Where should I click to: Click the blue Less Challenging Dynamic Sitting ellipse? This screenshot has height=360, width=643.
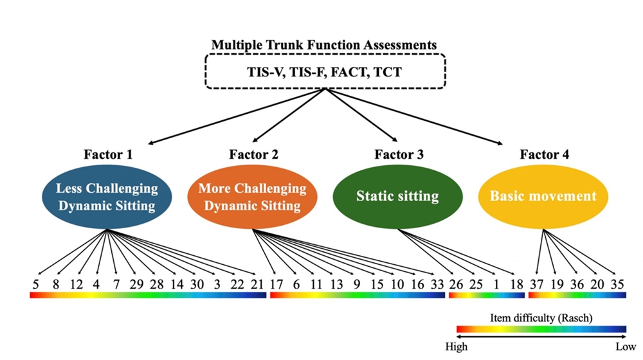(x=106, y=197)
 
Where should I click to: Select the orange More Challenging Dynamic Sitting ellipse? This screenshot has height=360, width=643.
(x=252, y=197)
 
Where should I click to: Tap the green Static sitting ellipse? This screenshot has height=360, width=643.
(x=397, y=196)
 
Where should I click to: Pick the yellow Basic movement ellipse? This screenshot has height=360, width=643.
(x=543, y=196)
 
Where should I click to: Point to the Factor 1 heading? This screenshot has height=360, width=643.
(x=106, y=154)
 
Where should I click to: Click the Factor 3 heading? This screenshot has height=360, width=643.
(x=398, y=154)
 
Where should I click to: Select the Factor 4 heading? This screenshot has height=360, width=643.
(x=544, y=154)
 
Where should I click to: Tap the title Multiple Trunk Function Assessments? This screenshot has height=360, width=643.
(x=324, y=46)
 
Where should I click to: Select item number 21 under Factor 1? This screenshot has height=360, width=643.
(x=258, y=283)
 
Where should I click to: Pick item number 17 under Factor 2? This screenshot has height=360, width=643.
(x=276, y=283)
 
